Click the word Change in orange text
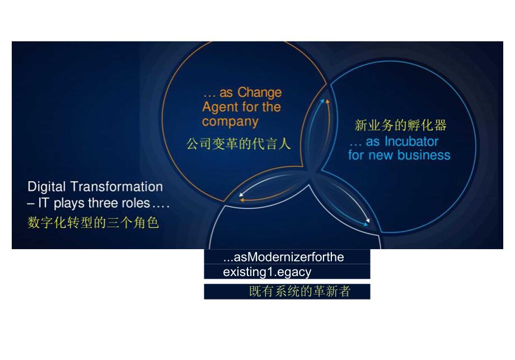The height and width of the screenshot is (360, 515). coord(259,92)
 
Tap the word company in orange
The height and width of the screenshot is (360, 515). coord(230,121)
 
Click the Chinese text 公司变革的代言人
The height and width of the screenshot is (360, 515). coord(238,144)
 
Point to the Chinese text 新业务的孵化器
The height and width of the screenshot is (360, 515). coord(401,125)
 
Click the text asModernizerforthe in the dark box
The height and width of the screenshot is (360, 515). coord(283,257)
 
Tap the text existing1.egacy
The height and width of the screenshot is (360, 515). coord(266,272)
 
